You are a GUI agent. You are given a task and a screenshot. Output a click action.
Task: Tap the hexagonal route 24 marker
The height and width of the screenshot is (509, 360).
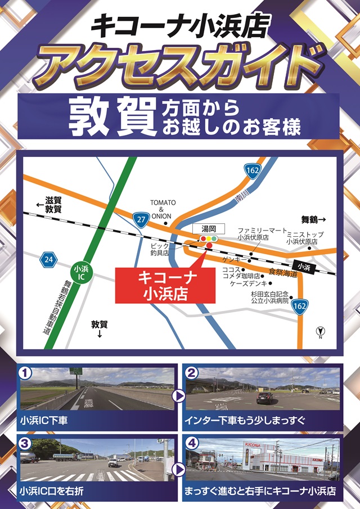pos(48,259)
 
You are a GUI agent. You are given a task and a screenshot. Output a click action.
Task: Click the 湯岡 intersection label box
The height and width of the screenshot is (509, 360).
pos(208,229)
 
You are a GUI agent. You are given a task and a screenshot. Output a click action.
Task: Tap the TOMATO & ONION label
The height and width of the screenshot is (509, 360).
pos(163,210)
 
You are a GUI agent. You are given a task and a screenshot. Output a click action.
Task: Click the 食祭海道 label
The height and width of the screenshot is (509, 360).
pos(282,272)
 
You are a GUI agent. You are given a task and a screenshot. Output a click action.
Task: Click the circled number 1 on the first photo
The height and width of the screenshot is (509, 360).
pos(24,372)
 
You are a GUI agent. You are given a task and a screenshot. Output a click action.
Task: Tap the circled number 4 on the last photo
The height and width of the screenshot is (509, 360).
pos(192,443)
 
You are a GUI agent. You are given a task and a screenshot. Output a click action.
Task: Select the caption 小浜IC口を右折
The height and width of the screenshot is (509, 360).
pos(52,490)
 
